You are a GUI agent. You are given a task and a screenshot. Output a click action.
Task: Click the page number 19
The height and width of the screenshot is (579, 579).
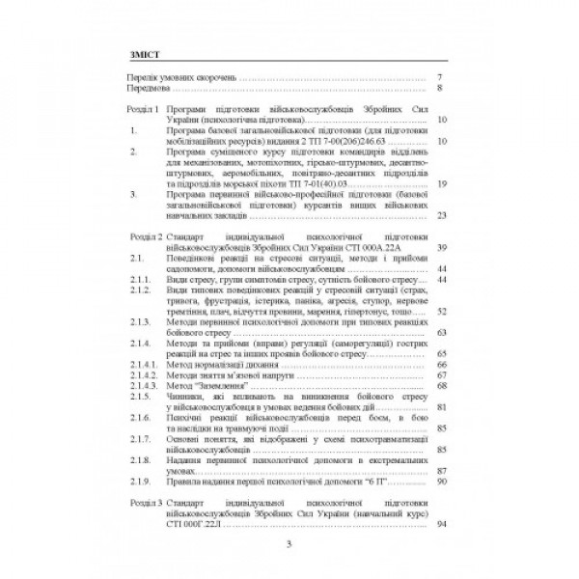click(x=439, y=183)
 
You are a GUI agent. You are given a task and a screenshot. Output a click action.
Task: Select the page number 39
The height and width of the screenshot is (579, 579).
click(x=439, y=248)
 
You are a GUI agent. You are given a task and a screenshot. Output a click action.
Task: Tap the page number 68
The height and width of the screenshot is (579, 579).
click(x=439, y=387)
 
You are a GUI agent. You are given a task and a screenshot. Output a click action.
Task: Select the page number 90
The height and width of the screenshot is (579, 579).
click(x=439, y=482)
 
